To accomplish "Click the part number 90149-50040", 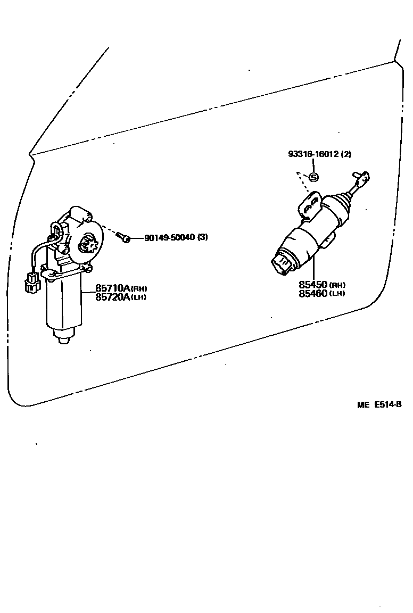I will (169, 237).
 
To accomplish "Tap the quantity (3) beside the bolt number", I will (203, 237).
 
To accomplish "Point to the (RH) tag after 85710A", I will (139, 289).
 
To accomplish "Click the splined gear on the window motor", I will (86, 245).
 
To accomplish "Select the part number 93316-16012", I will (312, 154).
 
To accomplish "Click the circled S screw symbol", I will (313, 177).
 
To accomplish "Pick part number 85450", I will (313, 285).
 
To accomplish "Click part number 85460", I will (313, 293).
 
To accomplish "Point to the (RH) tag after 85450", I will (337, 286).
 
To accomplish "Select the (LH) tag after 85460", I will (337, 294).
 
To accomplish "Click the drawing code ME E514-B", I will (379, 404).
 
